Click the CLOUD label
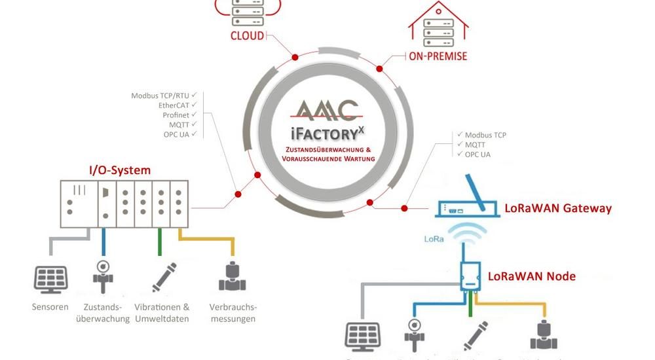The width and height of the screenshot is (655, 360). pyautogui.click(x=247, y=35)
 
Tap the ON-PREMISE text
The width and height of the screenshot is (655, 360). pyautogui.click(x=438, y=56)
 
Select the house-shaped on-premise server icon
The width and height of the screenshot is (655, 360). pyautogui.click(x=438, y=25)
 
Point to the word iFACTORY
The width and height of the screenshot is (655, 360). pyautogui.click(x=322, y=134)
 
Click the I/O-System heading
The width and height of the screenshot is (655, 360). pyautogui.click(x=120, y=170)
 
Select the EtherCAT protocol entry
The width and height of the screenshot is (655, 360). pyautogui.click(x=174, y=105)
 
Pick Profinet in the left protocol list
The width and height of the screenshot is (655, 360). pyautogui.click(x=176, y=115)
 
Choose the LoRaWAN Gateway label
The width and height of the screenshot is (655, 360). pyautogui.click(x=558, y=209)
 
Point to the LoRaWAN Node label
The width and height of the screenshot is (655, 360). pyautogui.click(x=532, y=276)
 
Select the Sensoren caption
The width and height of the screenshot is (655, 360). pyautogui.click(x=50, y=307)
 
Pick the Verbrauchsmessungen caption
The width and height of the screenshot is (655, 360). pyautogui.click(x=233, y=313)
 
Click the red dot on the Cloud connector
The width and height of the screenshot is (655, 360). pyautogui.click(x=295, y=57)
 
